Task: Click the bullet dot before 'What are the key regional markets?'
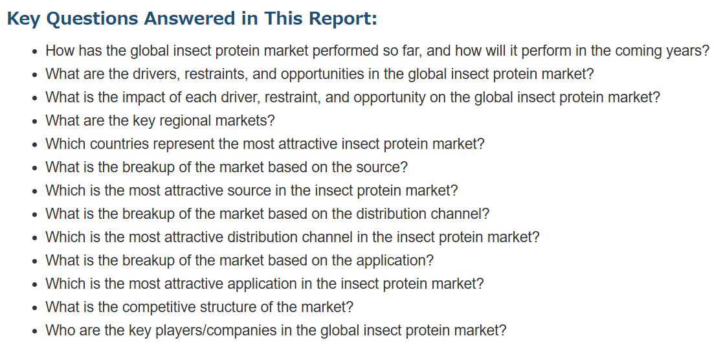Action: click(x=35, y=122)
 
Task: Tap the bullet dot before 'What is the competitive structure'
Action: click(x=35, y=308)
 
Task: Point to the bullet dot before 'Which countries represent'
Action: click(x=35, y=145)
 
